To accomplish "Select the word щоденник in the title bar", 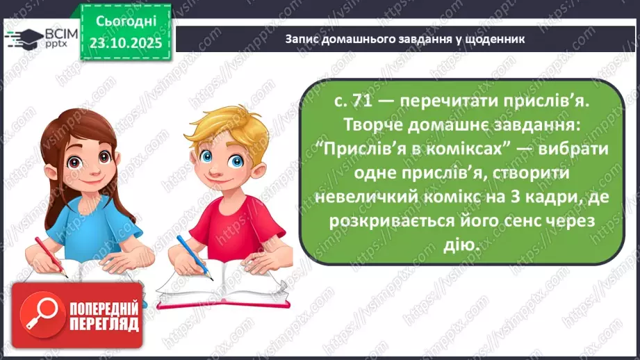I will coord(491,39).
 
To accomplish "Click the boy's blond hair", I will coord(222,125).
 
